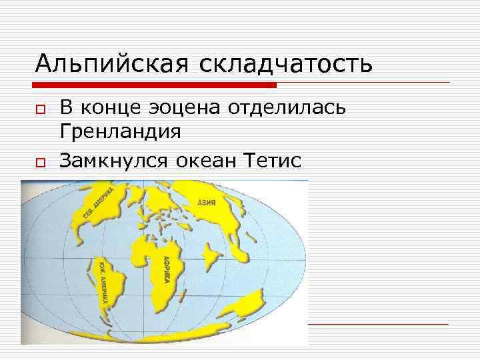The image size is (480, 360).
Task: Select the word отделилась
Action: coord(288,108)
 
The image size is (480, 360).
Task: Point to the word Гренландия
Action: coord(120,132)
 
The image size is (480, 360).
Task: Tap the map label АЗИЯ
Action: coord(206,202)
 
